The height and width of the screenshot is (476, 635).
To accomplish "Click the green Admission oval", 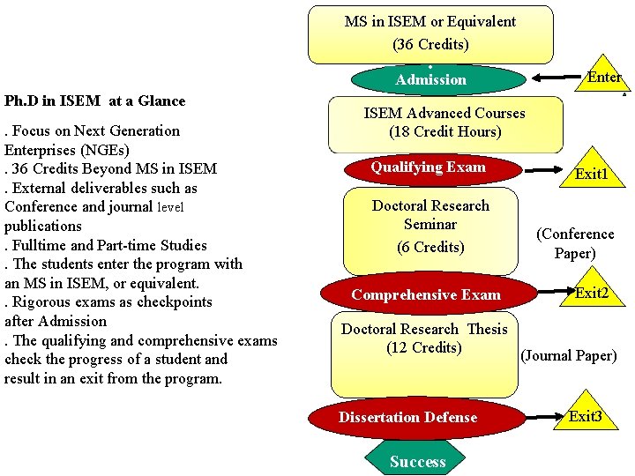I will coord(430,79).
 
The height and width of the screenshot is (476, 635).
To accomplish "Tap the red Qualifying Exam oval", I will coord(428,167).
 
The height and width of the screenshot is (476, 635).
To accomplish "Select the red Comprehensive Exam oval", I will coord(426,294).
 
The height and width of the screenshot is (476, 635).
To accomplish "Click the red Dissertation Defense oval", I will coord(407,417).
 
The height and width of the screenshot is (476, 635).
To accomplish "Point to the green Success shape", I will coord(417,461).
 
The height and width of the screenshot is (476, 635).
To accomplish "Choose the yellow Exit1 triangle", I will coord(590,170).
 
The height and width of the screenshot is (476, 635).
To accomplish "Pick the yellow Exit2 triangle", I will coord(588,289).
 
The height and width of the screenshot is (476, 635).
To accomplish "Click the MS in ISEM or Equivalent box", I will coord(430,33).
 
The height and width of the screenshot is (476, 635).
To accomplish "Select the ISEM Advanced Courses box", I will coord(444,123).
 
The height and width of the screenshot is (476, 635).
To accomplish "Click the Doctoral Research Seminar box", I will coord(430,227).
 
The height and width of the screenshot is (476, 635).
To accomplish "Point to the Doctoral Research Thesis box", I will coord(424,353).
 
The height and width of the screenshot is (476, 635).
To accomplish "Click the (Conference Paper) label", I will coord(575,243).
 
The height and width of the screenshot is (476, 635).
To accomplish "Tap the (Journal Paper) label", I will coord(569,356).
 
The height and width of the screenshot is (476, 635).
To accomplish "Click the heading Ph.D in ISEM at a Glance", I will coord(95,100).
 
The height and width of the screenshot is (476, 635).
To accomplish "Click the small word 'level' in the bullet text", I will coord(171,207).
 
